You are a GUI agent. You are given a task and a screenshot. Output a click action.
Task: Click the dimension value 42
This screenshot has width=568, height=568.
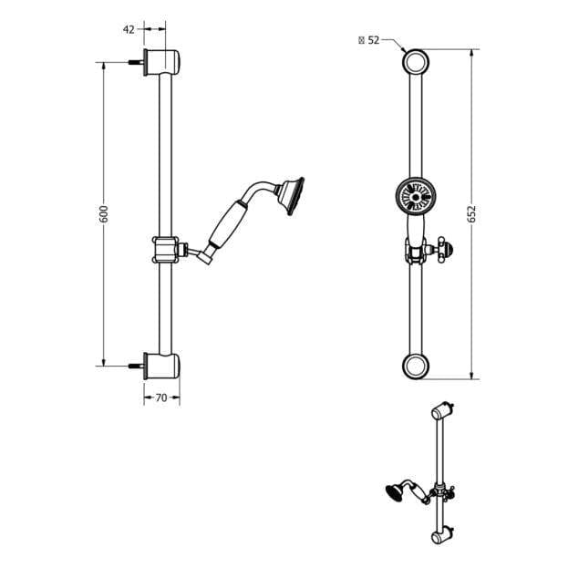[x=129, y=29]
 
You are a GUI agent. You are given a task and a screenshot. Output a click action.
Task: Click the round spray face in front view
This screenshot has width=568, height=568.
[x=415, y=194]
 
